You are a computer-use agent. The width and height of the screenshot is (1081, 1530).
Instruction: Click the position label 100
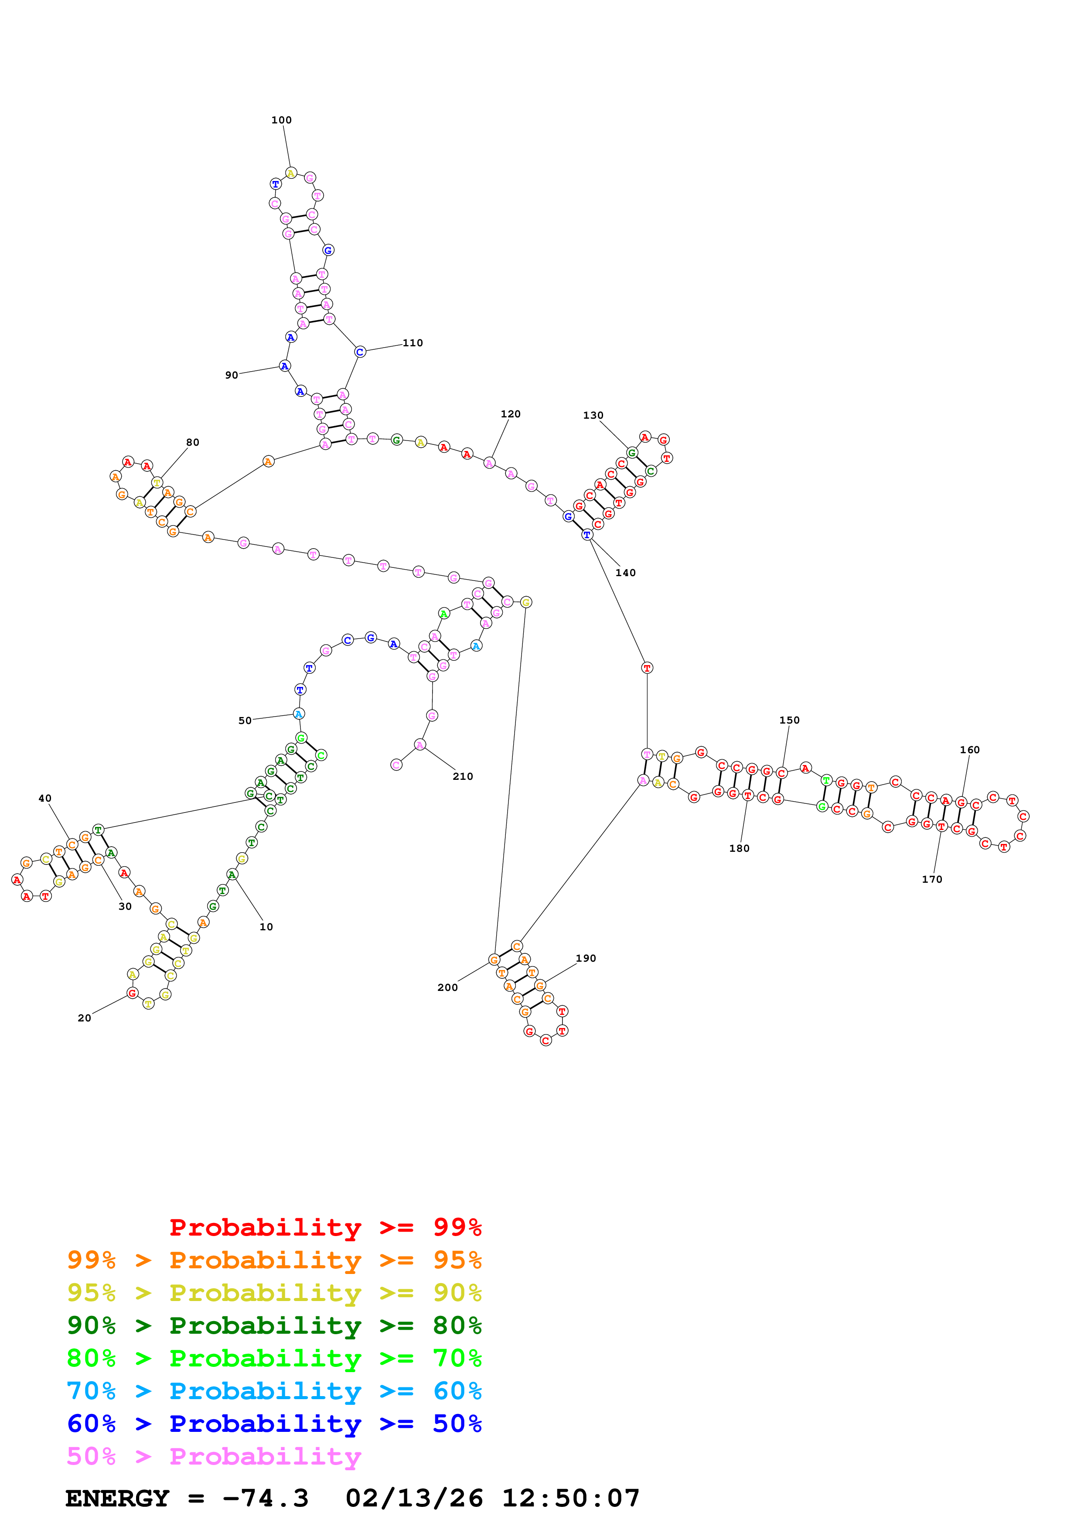[x=281, y=120]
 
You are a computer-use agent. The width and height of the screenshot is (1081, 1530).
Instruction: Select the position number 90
[x=231, y=375]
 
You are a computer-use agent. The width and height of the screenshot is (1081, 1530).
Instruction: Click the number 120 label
[x=510, y=414]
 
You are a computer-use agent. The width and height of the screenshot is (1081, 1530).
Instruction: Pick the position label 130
[x=593, y=415]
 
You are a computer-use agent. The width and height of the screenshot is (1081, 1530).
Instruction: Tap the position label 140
[x=625, y=572]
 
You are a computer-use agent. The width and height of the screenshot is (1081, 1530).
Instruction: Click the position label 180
[x=739, y=848]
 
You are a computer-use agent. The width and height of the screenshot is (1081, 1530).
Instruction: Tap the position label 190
[x=586, y=958]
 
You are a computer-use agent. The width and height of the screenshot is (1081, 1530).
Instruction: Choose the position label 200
[x=447, y=987]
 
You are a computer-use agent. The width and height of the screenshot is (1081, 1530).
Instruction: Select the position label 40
[x=44, y=798]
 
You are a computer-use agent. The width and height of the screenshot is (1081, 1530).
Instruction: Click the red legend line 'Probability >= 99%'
[x=325, y=1227]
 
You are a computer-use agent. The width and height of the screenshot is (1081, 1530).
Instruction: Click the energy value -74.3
[x=265, y=1498]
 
